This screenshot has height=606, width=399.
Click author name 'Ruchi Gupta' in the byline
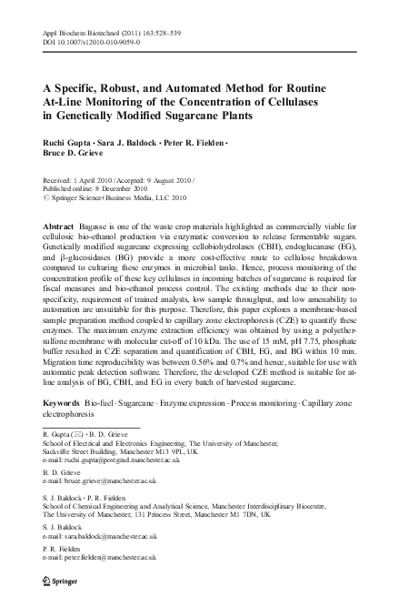[71, 145]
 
